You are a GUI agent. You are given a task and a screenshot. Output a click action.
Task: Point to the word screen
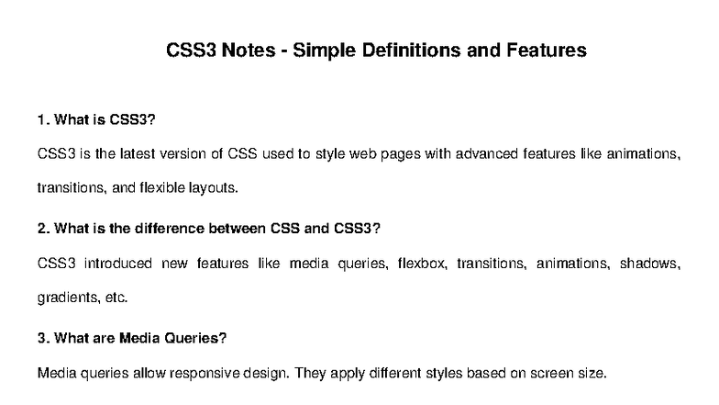point(547,374)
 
